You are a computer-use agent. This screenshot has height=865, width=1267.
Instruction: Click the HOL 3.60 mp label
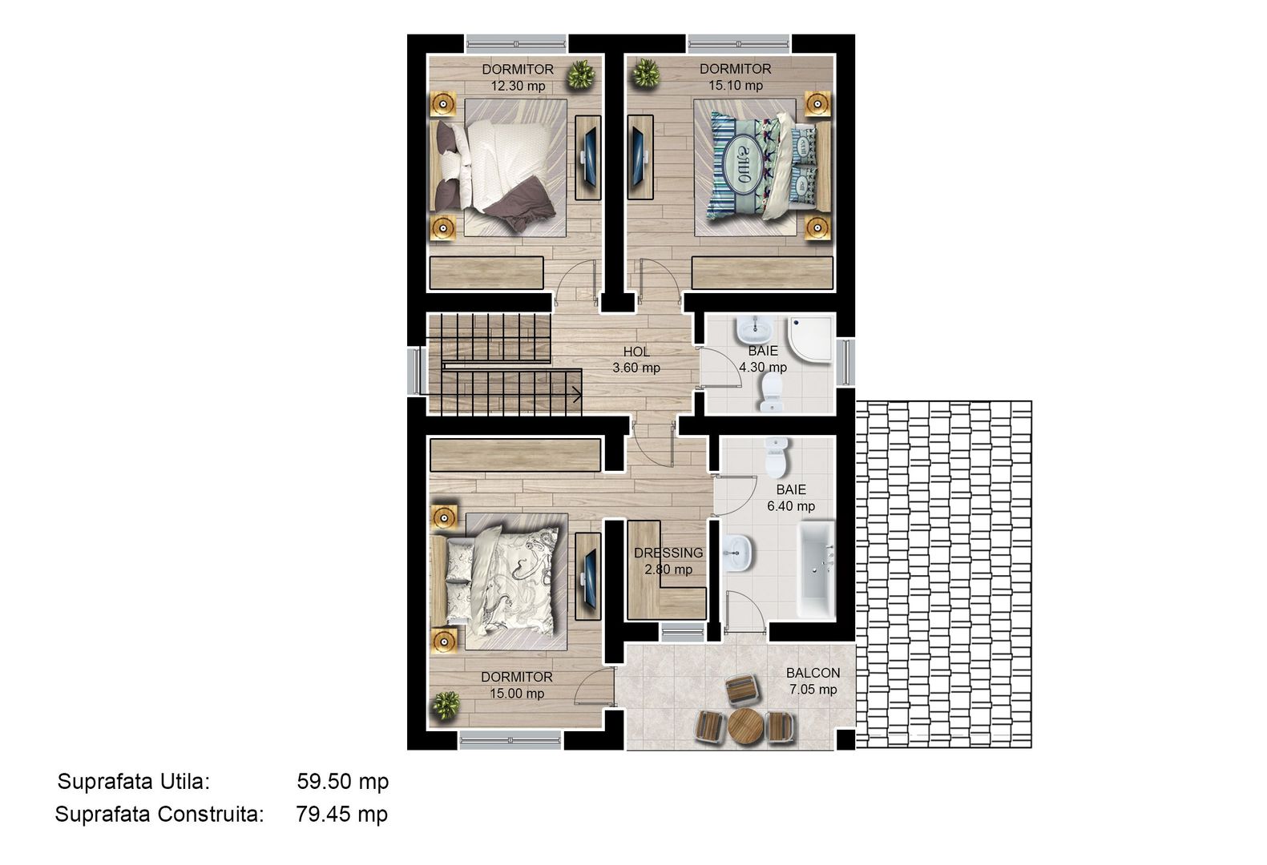(636, 360)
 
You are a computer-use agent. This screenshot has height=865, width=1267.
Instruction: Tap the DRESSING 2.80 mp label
(668, 561)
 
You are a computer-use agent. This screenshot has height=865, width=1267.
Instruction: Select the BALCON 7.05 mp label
(813, 681)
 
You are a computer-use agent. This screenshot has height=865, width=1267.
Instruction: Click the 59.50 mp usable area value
(342, 781)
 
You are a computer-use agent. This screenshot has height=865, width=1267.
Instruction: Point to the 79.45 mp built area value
(341, 815)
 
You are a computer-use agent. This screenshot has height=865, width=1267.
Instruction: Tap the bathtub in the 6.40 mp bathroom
(817, 571)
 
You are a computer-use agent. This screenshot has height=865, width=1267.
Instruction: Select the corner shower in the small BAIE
(810, 337)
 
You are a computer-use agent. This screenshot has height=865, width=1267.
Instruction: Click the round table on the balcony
(744, 725)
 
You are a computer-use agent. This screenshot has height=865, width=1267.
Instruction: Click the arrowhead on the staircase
(575, 393)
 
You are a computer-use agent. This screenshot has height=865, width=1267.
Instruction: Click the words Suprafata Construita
(159, 815)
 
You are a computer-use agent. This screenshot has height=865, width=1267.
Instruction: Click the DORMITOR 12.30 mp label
(518, 77)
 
